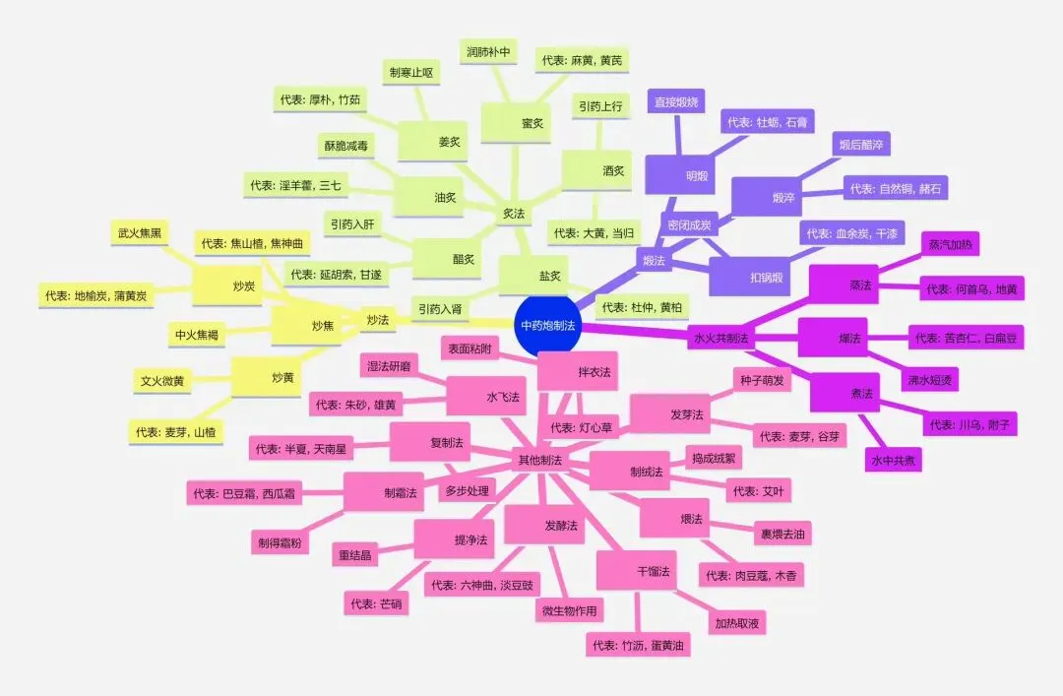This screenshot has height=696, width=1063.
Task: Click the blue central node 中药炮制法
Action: pyautogui.click(x=548, y=324)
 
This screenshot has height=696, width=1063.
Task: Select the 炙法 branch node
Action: pyautogui.click(x=513, y=212)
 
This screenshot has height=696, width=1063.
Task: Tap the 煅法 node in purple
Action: pyautogui.click(x=654, y=261)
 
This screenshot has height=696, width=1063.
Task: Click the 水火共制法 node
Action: pyautogui.click(x=721, y=338)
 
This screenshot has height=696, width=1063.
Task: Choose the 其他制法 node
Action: pyautogui.click(x=539, y=460)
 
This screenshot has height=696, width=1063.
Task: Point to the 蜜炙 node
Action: pyautogui.click(x=532, y=123)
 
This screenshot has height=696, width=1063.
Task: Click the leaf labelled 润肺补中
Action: pyautogui.click(x=489, y=50)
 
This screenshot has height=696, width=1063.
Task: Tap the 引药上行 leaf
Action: pyautogui.click(x=599, y=103)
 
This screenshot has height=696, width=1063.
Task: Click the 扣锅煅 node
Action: pyautogui.click(x=765, y=278)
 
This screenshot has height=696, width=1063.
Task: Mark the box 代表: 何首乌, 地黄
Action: pyautogui.click(x=972, y=289)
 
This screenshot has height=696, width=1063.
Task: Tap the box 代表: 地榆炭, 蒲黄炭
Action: pyautogui.click(x=95, y=294)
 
